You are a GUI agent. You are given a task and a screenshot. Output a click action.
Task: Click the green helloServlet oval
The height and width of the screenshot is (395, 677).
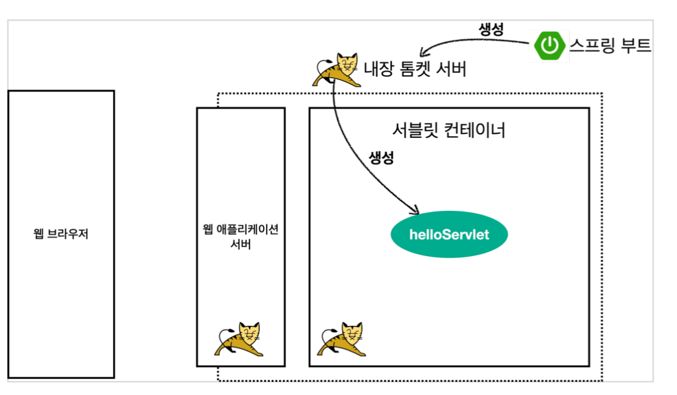tap(449, 234)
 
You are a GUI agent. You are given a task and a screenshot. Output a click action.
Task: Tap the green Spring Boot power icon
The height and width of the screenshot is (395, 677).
tap(549, 46)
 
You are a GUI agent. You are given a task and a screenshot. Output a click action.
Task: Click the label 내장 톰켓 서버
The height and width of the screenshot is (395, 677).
tap(415, 69)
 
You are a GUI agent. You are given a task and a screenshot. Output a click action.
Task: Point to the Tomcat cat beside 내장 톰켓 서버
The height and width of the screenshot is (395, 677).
tap(337, 69)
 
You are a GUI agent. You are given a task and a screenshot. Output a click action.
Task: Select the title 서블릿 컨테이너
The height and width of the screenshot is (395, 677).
tap(449, 130)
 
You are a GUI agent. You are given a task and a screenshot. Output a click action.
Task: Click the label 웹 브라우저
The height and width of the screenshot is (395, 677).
tap(61, 234)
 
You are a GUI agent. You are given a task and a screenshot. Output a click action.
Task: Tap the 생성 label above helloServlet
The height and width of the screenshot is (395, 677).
tap(381, 158)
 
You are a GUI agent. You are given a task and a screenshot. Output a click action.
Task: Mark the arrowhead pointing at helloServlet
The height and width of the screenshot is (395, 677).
tap(417, 210)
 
